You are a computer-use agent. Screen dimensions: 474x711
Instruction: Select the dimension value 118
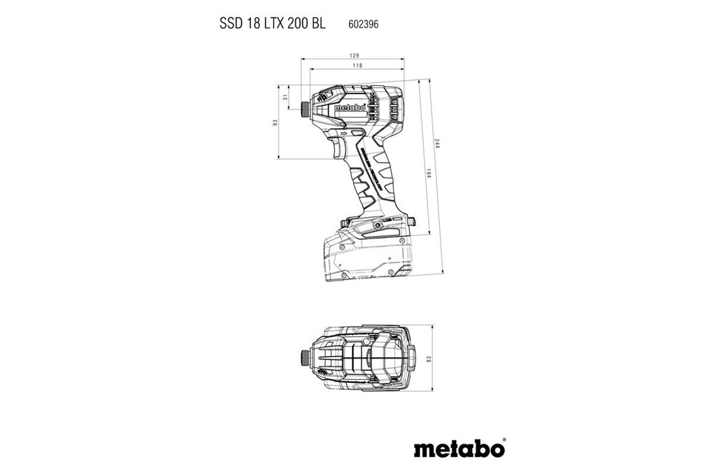click(x=358, y=67)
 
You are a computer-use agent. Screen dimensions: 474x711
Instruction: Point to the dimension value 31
click(x=285, y=98)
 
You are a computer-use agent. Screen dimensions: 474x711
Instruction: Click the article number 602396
click(x=364, y=24)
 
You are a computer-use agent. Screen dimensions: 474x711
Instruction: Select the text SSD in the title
click(x=233, y=23)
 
